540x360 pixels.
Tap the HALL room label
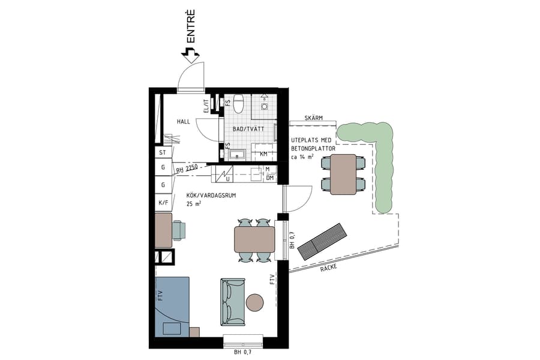tap(183, 122)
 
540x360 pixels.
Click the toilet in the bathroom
tap(239, 104)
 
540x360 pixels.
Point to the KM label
tap(263, 154)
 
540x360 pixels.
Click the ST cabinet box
tap(163, 153)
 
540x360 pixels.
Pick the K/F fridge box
tap(163, 203)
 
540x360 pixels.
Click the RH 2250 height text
tap(187, 170)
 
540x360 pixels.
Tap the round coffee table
tap(256, 302)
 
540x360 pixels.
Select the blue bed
tap(173, 306)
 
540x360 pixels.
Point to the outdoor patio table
tap(343, 174)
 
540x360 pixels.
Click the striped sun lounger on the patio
tap(322, 241)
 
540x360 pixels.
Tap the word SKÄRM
tap(313, 118)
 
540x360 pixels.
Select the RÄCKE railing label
tap(328, 267)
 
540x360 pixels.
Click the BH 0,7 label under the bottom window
tap(243, 353)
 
